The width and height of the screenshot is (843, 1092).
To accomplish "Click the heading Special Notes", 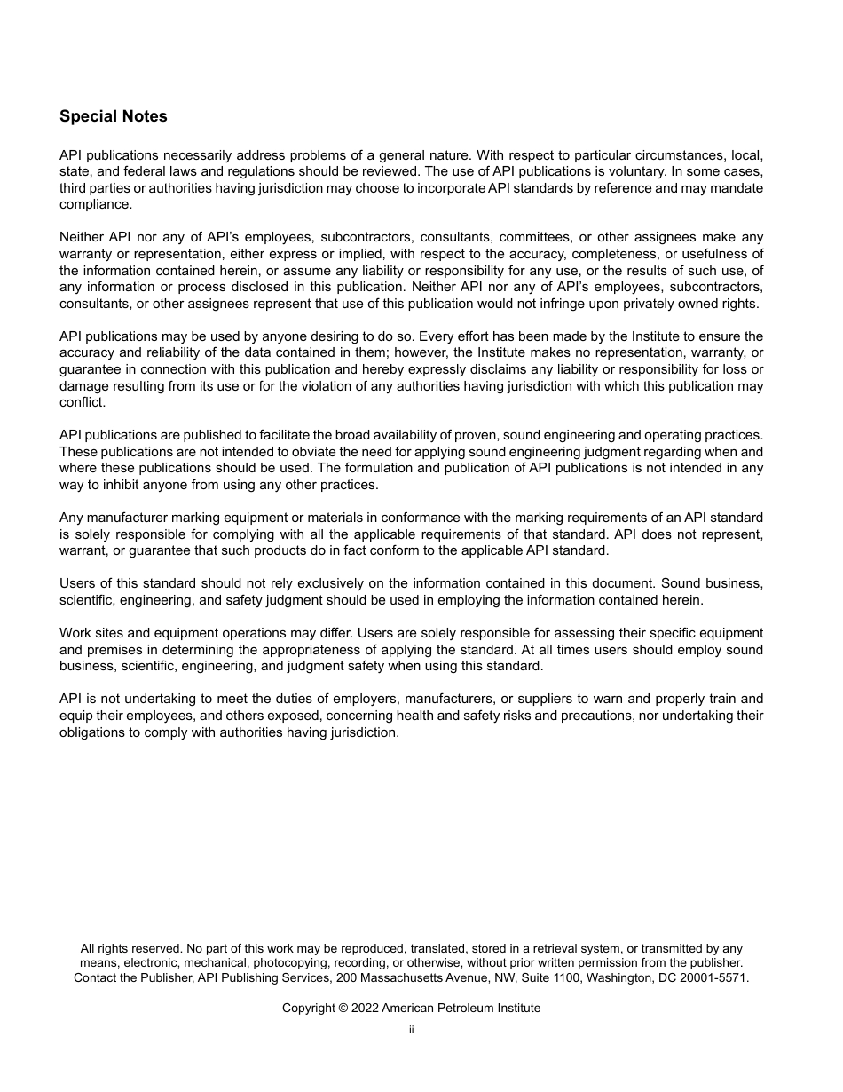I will (x=113, y=116).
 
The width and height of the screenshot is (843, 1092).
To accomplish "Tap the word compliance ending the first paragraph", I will (x=95, y=204).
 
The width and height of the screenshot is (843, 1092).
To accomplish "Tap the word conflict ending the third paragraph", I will (x=82, y=402).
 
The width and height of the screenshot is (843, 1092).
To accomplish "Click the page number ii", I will (x=412, y=1030).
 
